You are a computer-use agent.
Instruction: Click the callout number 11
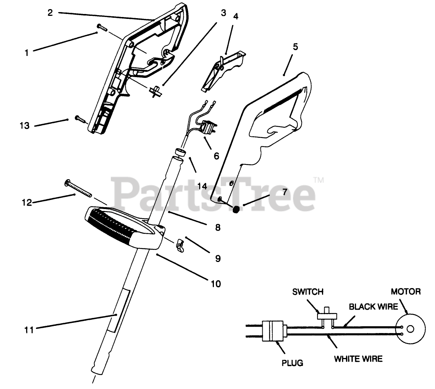tap(29, 330)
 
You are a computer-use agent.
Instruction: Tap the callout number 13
tap(25, 126)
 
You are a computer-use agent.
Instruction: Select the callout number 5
tap(295, 47)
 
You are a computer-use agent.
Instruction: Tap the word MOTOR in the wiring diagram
tap(406, 291)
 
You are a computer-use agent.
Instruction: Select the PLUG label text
tap(292, 363)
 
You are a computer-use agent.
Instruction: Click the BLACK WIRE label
tap(373, 307)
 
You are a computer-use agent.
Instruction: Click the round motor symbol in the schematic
tap(410, 330)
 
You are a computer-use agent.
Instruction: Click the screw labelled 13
tap(80, 119)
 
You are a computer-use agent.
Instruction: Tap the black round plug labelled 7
tap(237, 209)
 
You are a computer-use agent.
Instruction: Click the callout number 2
tap(50, 12)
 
